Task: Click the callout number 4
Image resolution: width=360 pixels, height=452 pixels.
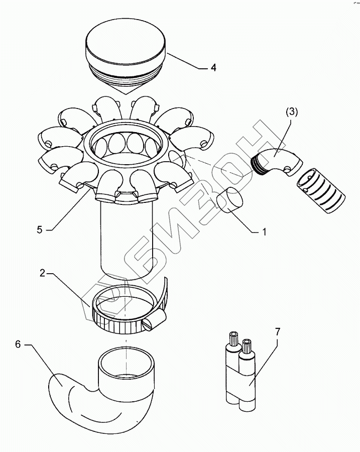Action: coord(213,67)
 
